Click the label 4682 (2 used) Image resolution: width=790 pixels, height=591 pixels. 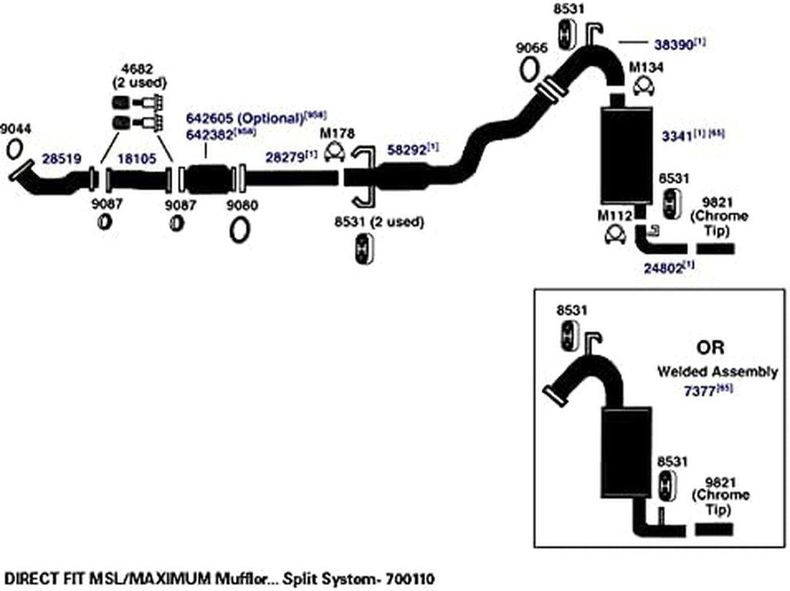[x=140, y=76]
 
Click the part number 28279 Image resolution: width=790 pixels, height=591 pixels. [x=285, y=156]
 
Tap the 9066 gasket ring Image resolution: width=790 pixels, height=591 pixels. [x=530, y=69]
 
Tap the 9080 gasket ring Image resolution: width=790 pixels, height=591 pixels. [x=238, y=230]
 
